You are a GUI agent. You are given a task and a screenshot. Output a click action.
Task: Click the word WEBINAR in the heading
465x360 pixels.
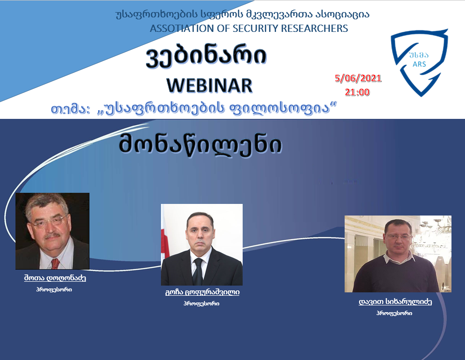pyautogui.click(x=209, y=86)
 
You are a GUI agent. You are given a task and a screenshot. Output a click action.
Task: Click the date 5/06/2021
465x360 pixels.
pyautogui.click(x=358, y=78)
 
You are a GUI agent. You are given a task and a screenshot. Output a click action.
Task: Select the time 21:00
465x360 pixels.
pyautogui.click(x=357, y=92)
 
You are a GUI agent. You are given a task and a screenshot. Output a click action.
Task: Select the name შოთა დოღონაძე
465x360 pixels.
pyautogui.click(x=55, y=278)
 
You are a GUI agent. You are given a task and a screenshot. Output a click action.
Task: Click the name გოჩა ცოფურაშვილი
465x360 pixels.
pyautogui.click(x=202, y=292)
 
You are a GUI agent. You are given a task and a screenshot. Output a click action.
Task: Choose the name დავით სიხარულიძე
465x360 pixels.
pyautogui.click(x=395, y=302)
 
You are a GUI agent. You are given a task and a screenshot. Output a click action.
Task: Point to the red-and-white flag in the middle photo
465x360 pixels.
pyautogui.click(x=165, y=243)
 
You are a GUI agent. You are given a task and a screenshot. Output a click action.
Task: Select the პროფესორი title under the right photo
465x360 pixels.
pyautogui.click(x=394, y=313)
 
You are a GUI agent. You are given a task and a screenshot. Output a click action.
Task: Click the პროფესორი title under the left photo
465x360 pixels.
pyautogui.click(x=54, y=289)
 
